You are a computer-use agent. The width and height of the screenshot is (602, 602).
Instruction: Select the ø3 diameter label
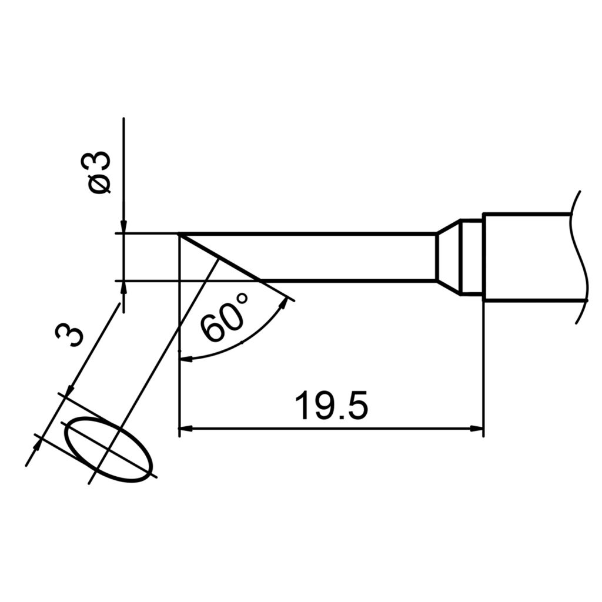click(99, 171)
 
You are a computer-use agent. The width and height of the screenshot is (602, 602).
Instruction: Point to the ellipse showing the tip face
click(109, 450)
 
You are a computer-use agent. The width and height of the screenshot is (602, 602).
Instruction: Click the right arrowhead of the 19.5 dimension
click(477, 429)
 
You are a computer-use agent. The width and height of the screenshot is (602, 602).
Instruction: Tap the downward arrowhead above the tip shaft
click(123, 228)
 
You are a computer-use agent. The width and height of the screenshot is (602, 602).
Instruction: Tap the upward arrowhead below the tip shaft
click(123, 287)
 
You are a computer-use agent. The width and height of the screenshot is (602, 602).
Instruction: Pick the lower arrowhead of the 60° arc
click(184, 357)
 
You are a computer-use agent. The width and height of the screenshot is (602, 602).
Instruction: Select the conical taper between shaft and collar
click(448, 257)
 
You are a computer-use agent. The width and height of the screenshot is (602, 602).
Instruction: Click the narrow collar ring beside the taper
click(471, 257)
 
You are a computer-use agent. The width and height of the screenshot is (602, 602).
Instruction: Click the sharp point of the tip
click(179, 235)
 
